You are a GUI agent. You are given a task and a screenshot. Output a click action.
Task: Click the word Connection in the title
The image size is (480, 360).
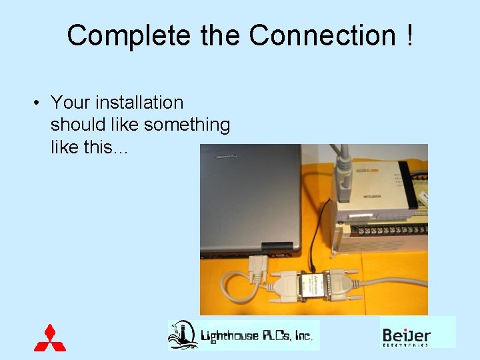click(x=322, y=35)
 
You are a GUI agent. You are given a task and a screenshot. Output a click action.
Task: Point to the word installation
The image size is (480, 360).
click(x=139, y=103)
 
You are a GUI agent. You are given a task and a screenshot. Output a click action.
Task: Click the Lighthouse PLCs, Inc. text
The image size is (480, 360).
click(x=257, y=335)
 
